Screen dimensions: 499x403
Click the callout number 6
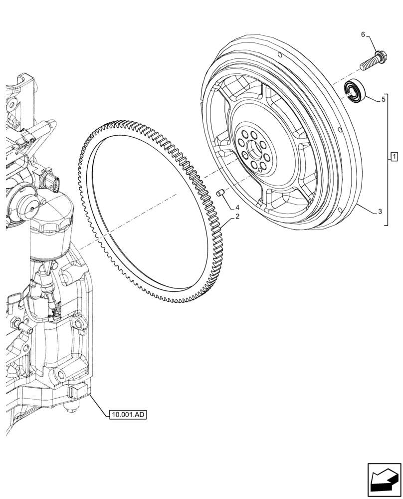point(363,34)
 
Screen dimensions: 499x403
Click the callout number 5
point(384,100)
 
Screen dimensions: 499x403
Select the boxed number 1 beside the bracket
point(394,158)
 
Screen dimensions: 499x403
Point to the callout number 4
point(238,207)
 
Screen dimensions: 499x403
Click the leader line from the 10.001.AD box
point(98,405)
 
